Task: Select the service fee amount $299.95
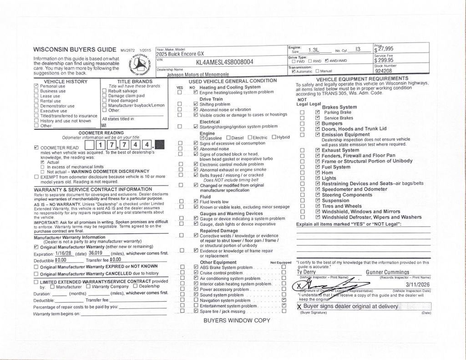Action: pos(384,60)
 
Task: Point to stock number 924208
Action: pos(384,71)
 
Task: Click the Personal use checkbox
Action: pos(36,86)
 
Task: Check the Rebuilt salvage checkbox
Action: pos(104,91)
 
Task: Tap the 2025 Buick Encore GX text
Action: pos(180,54)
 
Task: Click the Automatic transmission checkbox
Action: pos(294,71)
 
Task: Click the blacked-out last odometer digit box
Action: pos(160,145)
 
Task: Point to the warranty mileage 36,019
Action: pos(95,253)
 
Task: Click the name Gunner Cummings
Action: pos(387,272)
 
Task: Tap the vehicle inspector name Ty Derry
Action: pos(306,272)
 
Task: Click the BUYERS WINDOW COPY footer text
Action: pos(237,320)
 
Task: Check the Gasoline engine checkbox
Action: pos(202,138)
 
